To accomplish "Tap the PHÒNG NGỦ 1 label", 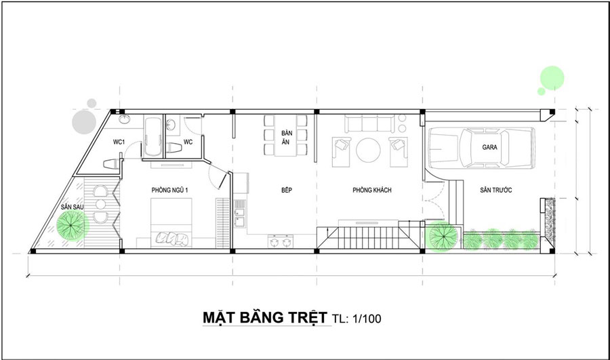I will (x=168, y=191).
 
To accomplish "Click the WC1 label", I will (x=121, y=142).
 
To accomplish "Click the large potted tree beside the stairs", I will (x=443, y=237).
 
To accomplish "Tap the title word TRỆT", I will (x=302, y=318).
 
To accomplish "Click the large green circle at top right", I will (x=552, y=77).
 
